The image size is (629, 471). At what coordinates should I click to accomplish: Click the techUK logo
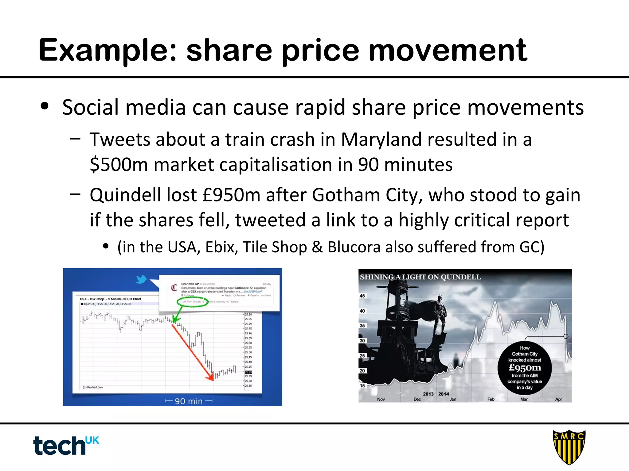[66, 445]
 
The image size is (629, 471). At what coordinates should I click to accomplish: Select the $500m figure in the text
[119, 165]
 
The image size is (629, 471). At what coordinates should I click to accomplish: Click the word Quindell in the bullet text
[125, 195]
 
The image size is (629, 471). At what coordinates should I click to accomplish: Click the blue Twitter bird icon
[142, 279]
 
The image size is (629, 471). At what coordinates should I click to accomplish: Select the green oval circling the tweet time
[193, 302]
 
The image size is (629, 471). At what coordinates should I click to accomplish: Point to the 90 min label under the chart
[189, 401]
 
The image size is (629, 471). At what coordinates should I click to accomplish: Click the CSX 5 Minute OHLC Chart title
[111, 299]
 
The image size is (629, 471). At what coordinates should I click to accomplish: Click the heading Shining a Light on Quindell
[420, 277]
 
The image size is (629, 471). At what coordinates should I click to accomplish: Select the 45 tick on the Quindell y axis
[362, 296]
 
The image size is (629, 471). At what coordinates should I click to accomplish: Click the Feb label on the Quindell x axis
[491, 399]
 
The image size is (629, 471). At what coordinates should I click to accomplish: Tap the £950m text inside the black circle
[525, 367]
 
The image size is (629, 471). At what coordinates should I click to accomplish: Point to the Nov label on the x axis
[381, 399]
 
